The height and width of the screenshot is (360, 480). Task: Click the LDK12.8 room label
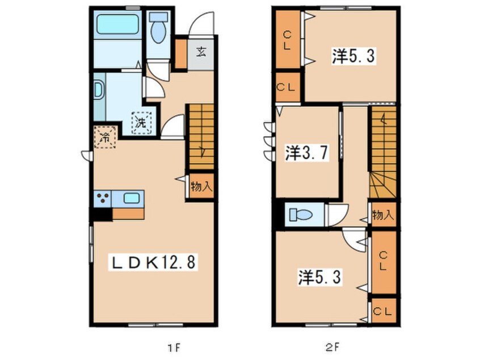[x=153, y=262]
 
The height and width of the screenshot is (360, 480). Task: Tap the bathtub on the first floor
[x=117, y=24]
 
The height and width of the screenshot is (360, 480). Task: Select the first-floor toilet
[x=158, y=28]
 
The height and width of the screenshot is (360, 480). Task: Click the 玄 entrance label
[x=201, y=52]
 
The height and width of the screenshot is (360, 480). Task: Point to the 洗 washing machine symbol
[x=141, y=123]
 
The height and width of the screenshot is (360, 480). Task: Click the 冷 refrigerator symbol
[x=106, y=137]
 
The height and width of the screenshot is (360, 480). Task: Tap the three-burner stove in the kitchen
[x=103, y=198]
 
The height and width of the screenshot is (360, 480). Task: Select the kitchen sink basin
[x=131, y=198]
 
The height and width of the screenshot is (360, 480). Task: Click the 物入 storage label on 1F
[x=201, y=186]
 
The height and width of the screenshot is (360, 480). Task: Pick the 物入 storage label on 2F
[x=382, y=215]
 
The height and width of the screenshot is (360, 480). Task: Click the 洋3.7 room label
[x=308, y=153]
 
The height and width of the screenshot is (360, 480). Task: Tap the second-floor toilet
[x=300, y=214]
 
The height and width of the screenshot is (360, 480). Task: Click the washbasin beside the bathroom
[x=99, y=90]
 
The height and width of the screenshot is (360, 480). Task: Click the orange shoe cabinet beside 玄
[x=180, y=54]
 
